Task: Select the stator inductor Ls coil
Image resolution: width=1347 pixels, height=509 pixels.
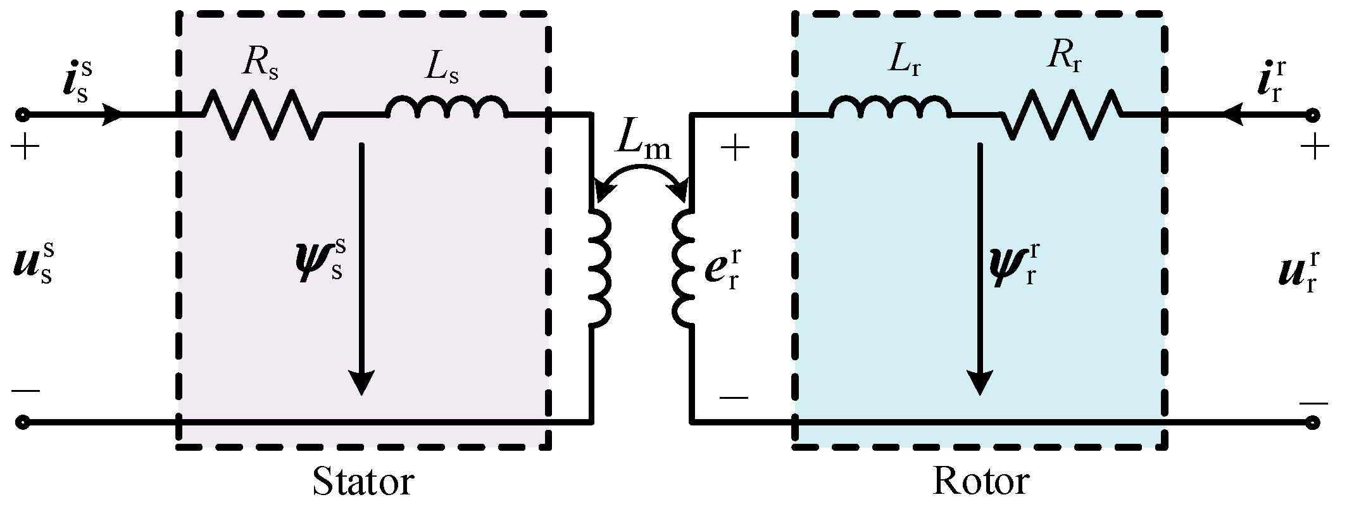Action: [447, 109]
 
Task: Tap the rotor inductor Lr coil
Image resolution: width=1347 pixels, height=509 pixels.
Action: [889, 109]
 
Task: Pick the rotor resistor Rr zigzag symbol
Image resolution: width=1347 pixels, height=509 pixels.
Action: [1062, 115]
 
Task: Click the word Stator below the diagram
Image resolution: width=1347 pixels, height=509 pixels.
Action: [363, 482]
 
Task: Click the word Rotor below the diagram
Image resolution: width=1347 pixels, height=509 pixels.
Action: [981, 482]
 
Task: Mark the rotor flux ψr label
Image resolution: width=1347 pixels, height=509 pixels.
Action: [1013, 263]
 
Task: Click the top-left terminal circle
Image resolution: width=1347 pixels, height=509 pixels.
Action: [23, 115]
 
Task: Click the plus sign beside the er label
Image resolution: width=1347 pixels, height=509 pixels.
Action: [735, 150]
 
